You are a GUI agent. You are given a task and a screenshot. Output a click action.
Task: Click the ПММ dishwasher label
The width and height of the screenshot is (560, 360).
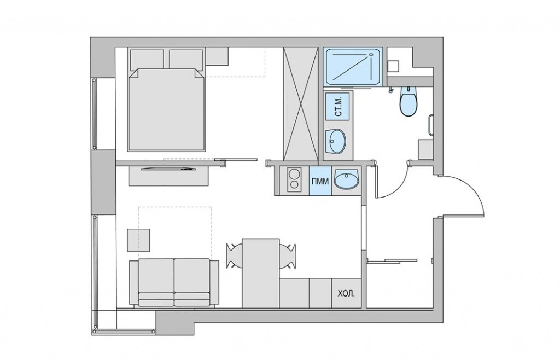(x=320, y=182)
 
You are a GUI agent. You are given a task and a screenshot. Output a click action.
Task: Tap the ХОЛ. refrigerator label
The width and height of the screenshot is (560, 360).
(x=346, y=294)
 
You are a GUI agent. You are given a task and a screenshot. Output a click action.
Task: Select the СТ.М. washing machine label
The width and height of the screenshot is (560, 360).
(x=339, y=106)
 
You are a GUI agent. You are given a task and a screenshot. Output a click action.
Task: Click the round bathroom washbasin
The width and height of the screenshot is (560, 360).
(x=335, y=141)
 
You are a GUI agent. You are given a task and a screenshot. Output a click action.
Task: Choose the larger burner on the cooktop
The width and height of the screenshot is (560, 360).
(x=295, y=175)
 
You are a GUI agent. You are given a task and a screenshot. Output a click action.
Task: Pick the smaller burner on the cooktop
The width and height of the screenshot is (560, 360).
(x=295, y=185)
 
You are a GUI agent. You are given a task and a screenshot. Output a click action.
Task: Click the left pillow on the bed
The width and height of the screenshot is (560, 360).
(x=147, y=59)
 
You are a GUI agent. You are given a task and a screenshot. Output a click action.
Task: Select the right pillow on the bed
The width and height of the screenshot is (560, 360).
(x=186, y=59)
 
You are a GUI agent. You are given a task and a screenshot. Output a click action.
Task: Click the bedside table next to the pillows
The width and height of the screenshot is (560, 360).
(x=217, y=56)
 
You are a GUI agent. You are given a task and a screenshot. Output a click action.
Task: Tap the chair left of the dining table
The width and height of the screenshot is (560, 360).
(x=234, y=256)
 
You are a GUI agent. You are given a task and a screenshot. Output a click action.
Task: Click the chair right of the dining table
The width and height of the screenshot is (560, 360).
(x=288, y=256)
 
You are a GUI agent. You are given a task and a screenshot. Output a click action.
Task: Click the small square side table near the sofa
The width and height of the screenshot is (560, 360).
(x=138, y=240)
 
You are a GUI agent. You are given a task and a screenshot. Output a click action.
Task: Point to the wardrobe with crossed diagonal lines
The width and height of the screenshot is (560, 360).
(x=300, y=104)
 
